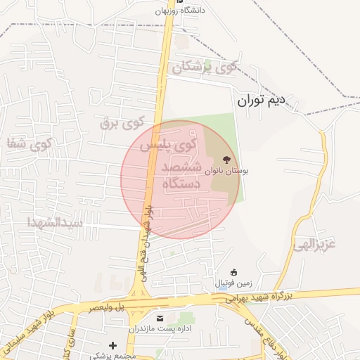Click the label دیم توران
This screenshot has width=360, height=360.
tap(262, 101)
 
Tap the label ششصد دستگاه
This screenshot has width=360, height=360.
tap(181, 176)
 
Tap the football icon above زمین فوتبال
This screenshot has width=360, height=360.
tap(234, 272)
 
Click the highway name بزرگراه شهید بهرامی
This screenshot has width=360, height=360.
tap(269, 297)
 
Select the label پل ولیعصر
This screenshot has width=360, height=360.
tap(106, 307)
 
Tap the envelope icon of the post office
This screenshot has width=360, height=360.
tap(160, 319)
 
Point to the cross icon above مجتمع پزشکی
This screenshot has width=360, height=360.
tap(112, 345)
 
